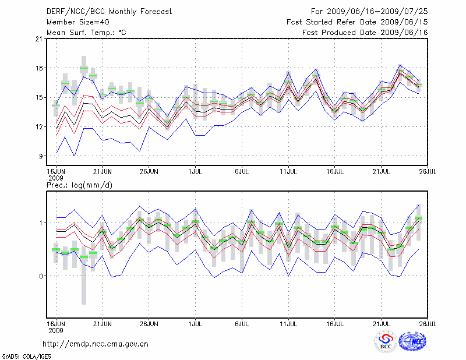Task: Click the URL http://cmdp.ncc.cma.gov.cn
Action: coord(96,344)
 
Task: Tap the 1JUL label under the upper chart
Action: coord(195,171)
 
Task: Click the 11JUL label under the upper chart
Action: coord(288,171)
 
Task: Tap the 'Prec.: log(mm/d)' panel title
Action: coord(79,185)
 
